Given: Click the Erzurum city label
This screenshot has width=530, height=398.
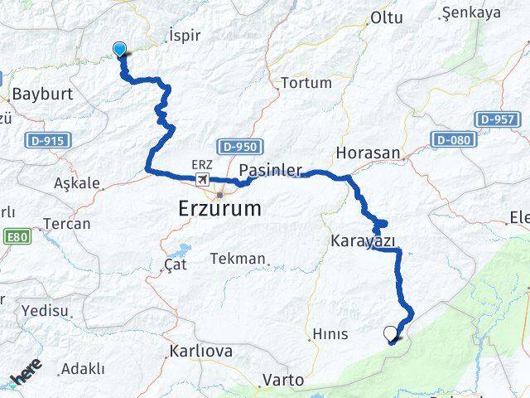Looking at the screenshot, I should (x=220, y=208).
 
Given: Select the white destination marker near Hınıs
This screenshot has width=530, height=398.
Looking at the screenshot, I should (x=391, y=333).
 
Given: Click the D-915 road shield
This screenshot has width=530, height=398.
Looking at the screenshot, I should (x=44, y=140).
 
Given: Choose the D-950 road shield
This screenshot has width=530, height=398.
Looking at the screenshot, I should (x=240, y=146).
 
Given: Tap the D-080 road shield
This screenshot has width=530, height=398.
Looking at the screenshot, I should (x=454, y=138).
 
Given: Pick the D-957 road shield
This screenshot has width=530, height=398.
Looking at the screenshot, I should (x=499, y=119).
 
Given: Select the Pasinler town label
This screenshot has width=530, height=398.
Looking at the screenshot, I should (x=270, y=171).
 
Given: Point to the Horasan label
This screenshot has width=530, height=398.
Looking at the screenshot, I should (x=368, y=153).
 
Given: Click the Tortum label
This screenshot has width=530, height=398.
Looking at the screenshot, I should (x=306, y=83).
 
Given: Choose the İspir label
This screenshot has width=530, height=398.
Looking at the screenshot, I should (x=184, y=36).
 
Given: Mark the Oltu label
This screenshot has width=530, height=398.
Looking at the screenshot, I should (x=386, y=17).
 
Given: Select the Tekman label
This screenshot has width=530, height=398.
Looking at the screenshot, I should (x=237, y=259).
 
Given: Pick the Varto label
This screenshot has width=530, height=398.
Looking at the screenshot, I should (x=282, y=381).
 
